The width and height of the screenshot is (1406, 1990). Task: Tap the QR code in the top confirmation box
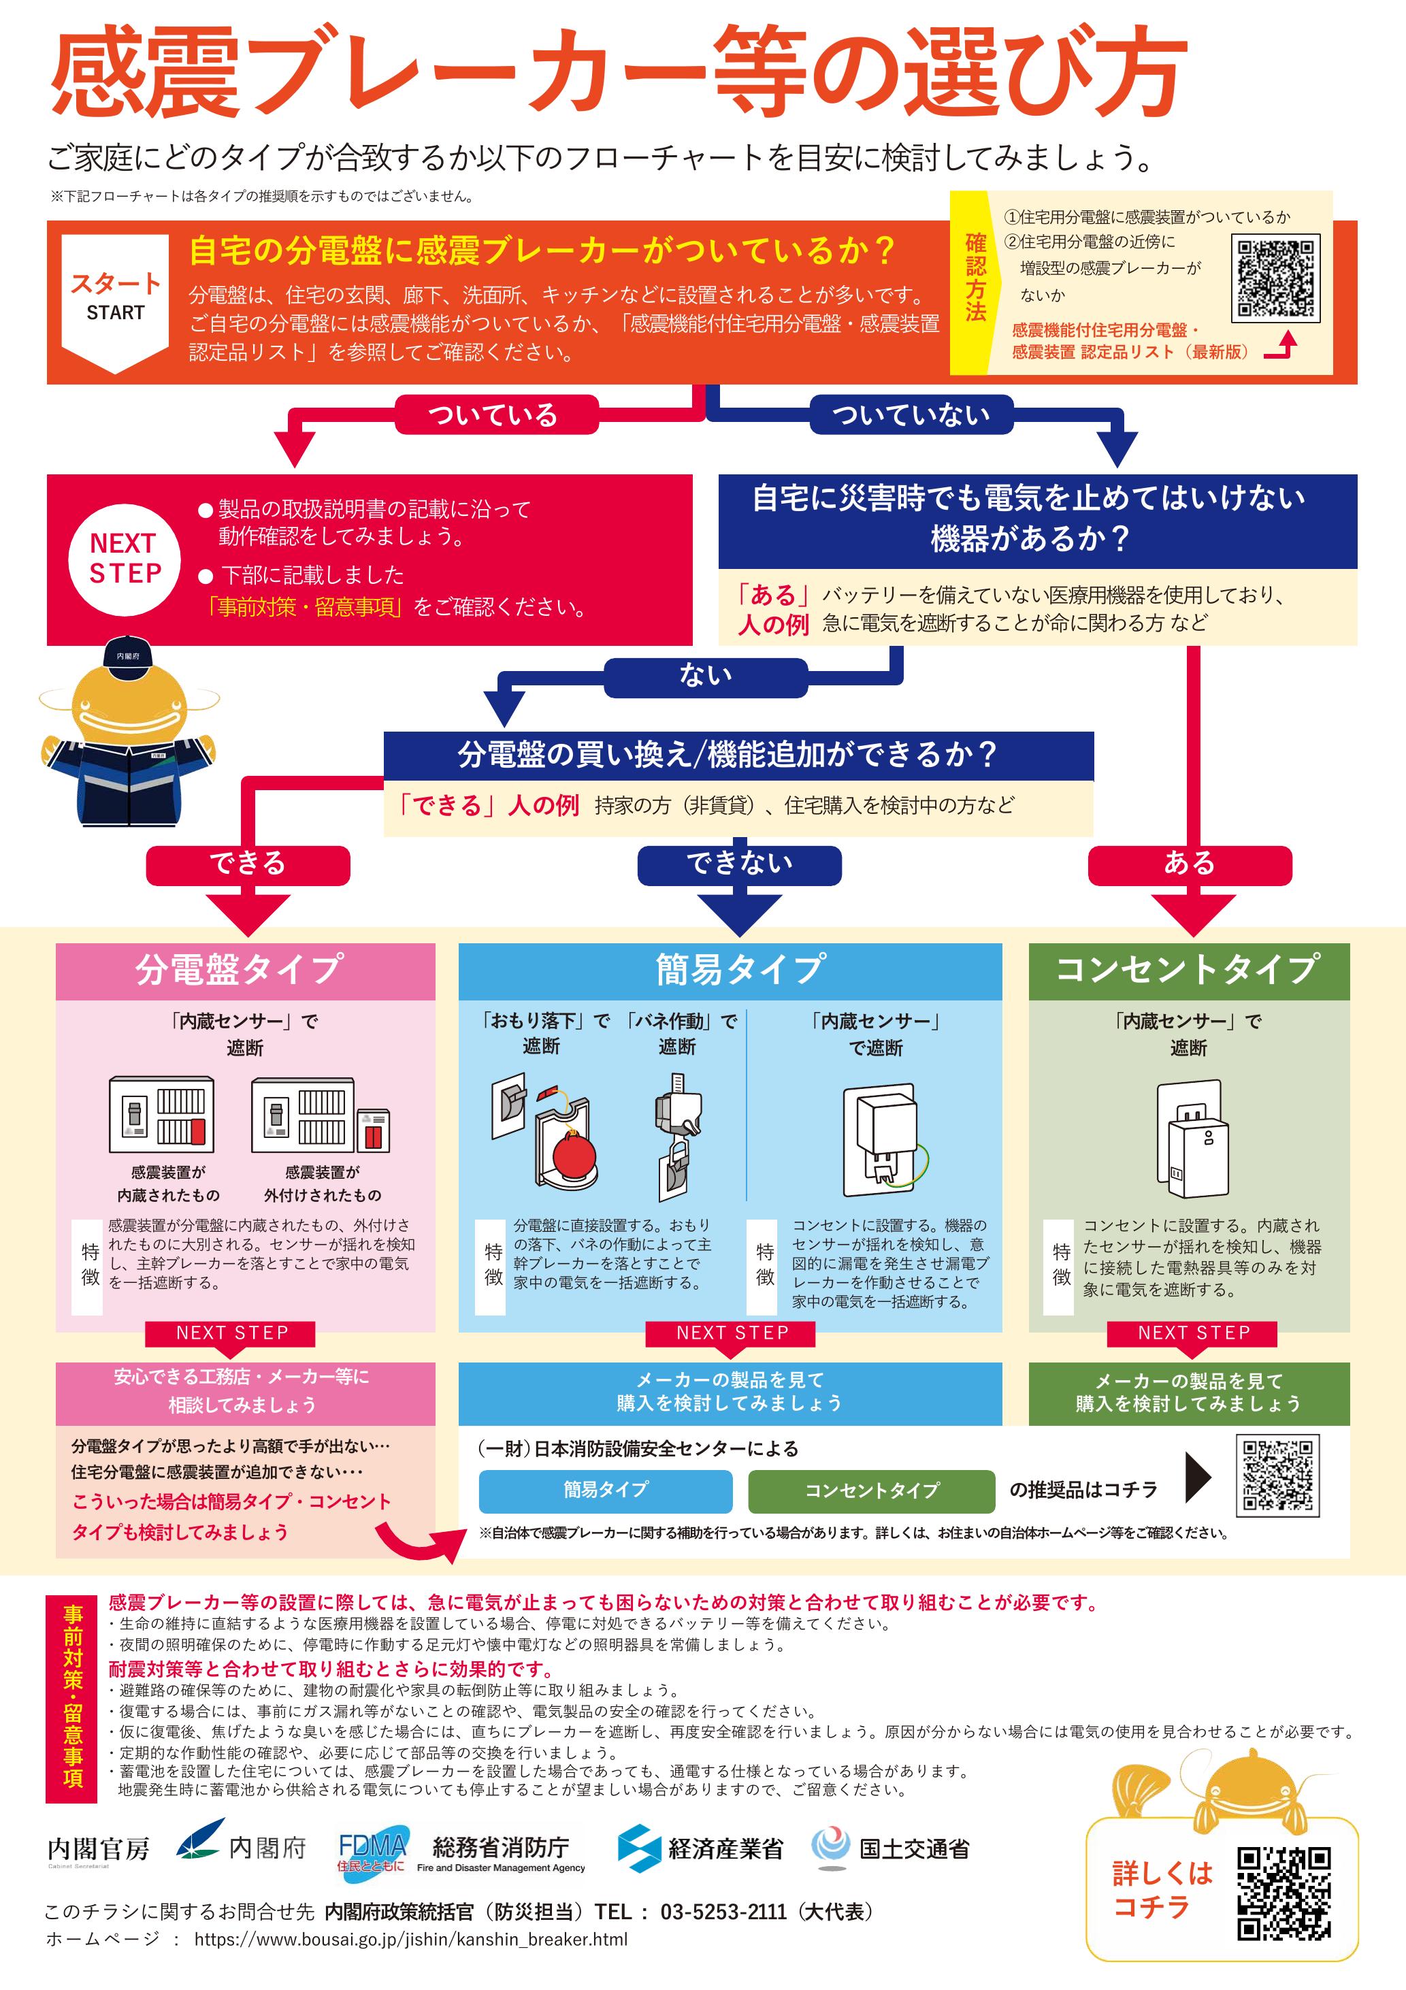1275,278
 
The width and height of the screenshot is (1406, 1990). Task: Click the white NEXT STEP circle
124,559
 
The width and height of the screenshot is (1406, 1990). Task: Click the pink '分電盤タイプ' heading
245,970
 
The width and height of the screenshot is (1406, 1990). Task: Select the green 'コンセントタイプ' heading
1188,970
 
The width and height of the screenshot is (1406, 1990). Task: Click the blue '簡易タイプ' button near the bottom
605,1490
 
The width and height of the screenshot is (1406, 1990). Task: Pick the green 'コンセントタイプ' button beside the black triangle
871,1490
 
